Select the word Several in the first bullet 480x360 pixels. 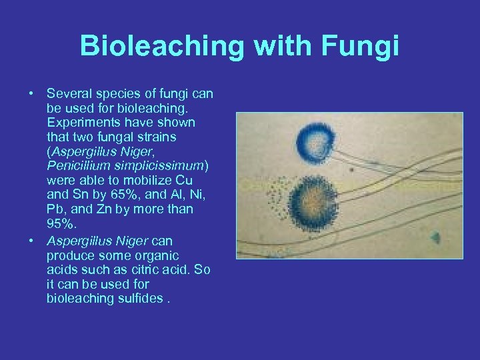coord(71,93)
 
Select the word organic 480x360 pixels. coord(155,255)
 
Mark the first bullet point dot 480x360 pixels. coord(31,93)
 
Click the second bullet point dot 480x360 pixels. coord(31,240)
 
